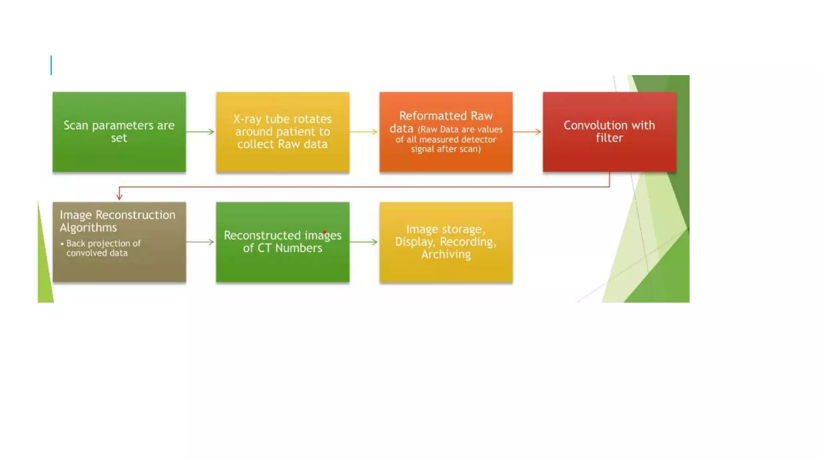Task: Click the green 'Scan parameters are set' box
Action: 119,132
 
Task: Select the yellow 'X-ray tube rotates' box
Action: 283,132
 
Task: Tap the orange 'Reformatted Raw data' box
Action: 446,132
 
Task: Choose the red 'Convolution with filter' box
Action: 609,132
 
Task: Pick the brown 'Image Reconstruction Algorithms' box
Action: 119,242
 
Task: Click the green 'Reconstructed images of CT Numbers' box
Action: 283,242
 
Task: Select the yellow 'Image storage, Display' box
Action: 446,242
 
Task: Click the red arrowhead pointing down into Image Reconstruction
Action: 119,196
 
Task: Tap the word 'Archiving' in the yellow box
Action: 446,254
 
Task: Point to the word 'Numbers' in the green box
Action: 299,248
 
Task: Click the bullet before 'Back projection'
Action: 62,244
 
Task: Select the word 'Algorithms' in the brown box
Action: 88,228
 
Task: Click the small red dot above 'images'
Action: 324,232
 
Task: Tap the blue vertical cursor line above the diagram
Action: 51,65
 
